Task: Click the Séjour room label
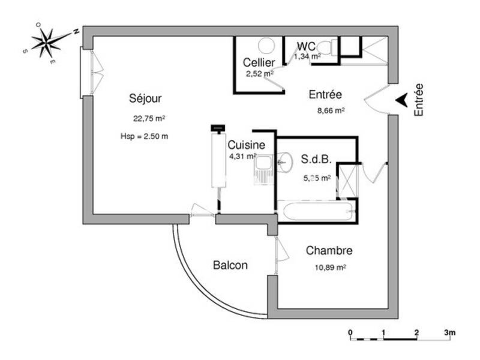(x=145, y=98)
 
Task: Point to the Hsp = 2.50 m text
(x=144, y=136)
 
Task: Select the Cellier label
(x=259, y=62)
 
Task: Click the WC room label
(x=306, y=46)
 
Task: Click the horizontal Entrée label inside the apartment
(x=325, y=94)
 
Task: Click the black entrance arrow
(x=402, y=100)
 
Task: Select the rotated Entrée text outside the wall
(x=419, y=100)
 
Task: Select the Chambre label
(x=329, y=251)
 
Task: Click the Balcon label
(x=230, y=265)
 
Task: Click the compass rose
(x=50, y=41)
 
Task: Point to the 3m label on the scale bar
(x=450, y=332)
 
